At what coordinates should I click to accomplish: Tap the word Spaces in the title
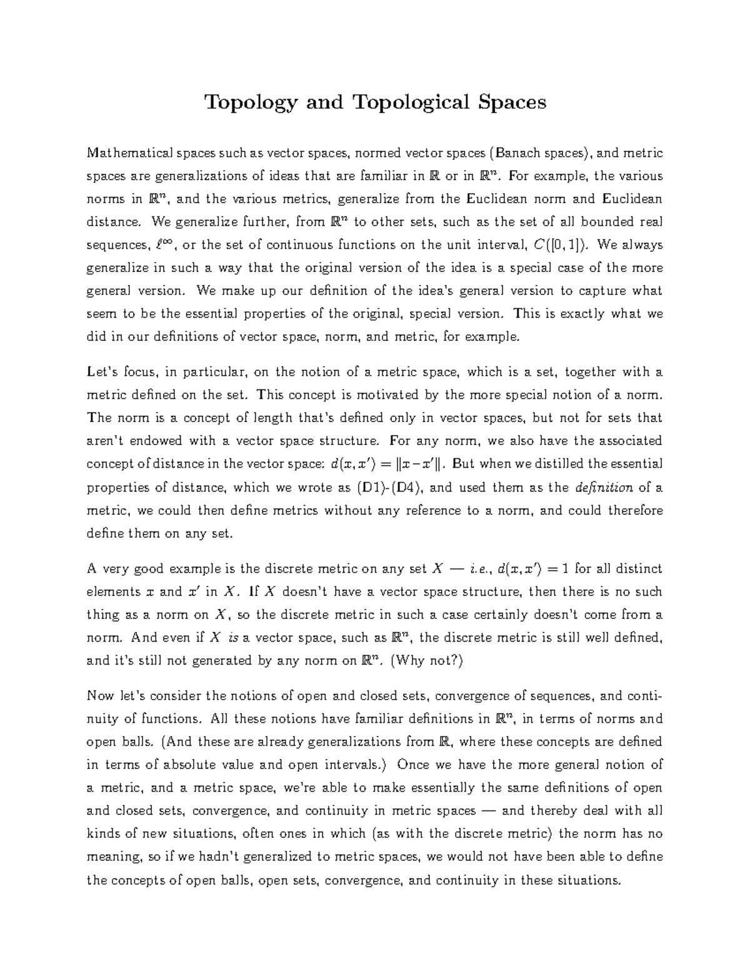(510, 102)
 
